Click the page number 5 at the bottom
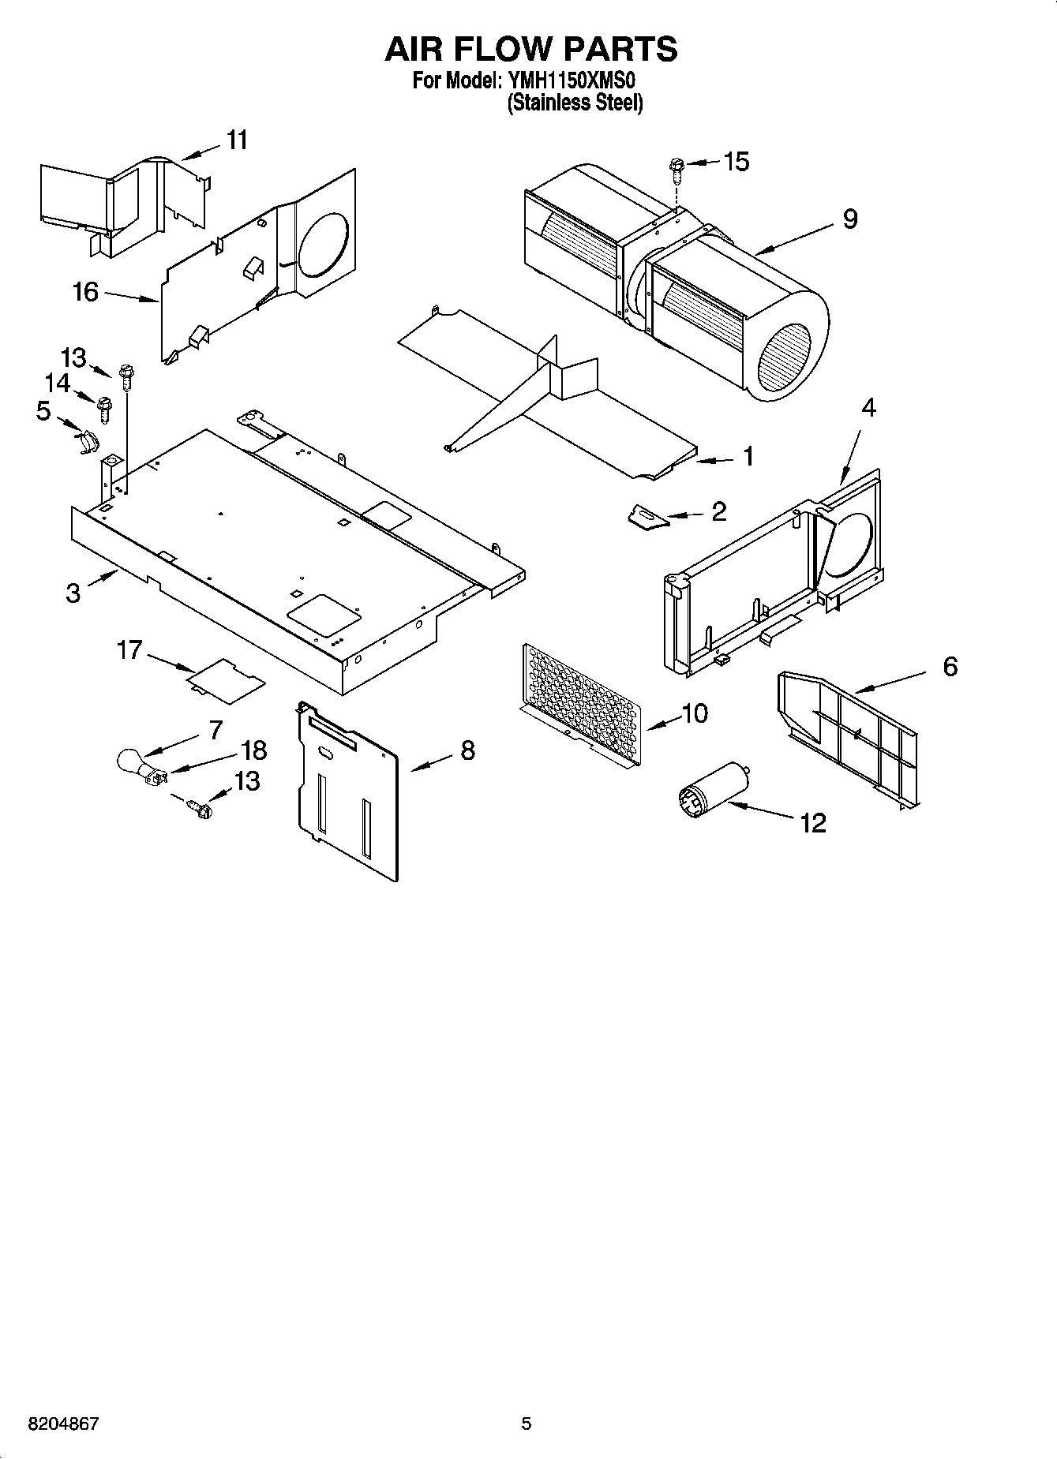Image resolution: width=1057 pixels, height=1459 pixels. tap(527, 1424)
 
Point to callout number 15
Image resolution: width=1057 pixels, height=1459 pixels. tap(736, 162)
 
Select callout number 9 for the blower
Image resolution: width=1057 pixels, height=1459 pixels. tap(849, 219)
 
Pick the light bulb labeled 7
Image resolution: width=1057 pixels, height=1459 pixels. tap(129, 761)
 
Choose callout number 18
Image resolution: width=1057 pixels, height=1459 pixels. tap(254, 750)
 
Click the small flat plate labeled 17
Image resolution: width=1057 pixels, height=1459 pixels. tap(226, 679)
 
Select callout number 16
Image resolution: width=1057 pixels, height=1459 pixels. tap(85, 292)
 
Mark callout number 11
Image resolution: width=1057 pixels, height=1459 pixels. tap(237, 140)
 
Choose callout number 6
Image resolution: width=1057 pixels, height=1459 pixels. tap(950, 667)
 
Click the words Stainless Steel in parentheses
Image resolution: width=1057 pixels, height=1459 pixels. tap(575, 103)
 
